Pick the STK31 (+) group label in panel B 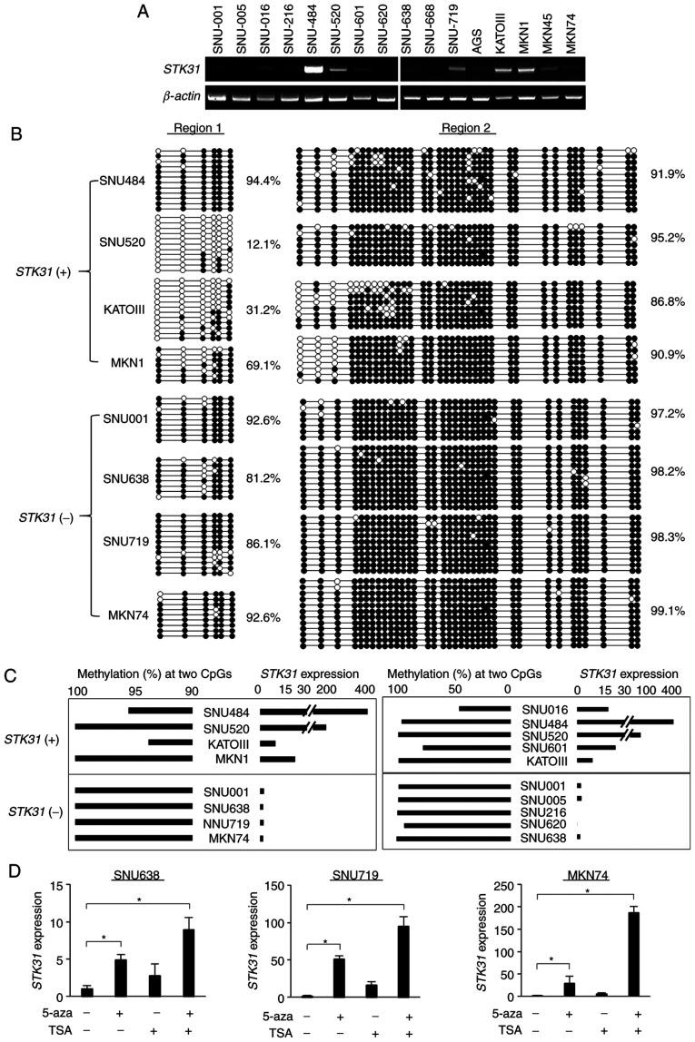tap(48, 270)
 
